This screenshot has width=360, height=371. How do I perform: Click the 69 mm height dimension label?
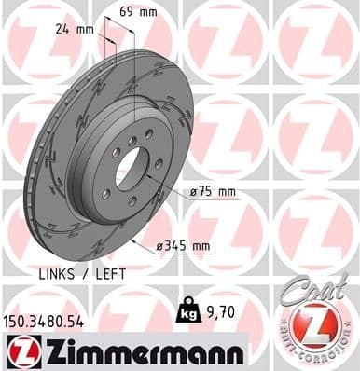139,12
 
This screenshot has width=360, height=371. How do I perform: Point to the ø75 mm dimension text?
213,192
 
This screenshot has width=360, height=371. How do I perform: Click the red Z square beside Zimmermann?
18,350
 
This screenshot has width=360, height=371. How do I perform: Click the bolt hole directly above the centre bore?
132,140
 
